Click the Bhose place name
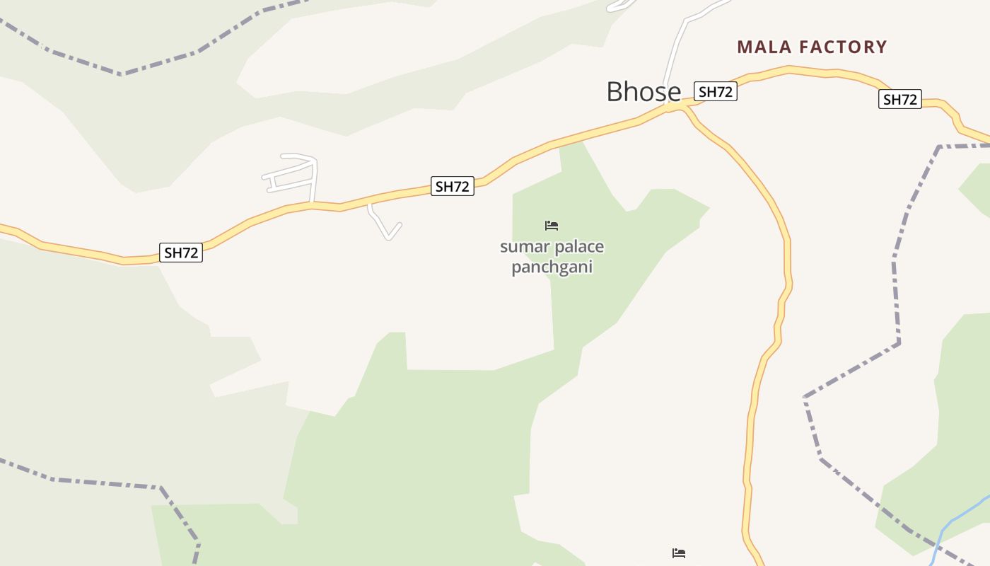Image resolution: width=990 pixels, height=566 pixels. pos(643,92)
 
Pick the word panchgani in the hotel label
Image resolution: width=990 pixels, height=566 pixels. pos(552,267)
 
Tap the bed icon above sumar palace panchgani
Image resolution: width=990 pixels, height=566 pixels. pos(552,226)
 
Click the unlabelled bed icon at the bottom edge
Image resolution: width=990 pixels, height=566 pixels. pos(679,553)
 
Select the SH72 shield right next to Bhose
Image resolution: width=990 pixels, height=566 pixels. pos(716,91)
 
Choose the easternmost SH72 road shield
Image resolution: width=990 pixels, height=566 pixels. pos(900,100)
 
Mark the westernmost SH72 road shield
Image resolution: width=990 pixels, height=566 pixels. pos(181,253)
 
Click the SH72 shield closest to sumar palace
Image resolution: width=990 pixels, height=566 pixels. pos(453,187)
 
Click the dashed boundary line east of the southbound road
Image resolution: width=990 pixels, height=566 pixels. pos(896,283)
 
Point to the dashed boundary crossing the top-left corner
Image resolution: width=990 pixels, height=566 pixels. pos(120,73)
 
